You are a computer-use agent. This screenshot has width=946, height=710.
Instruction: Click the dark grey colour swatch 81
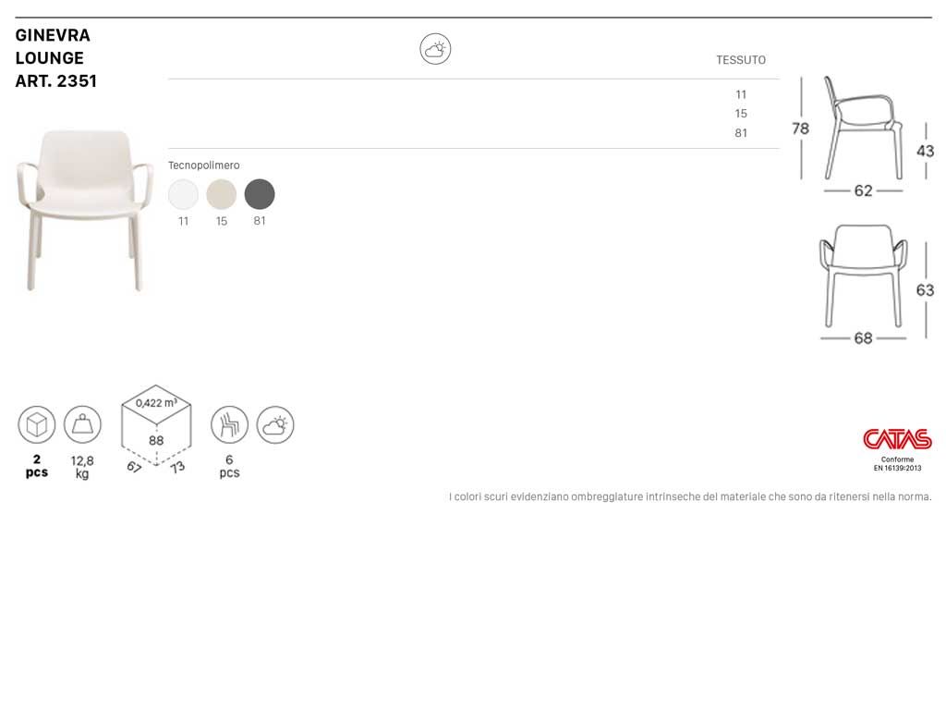tap(260, 194)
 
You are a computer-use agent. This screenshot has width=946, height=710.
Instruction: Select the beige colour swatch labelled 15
tap(222, 194)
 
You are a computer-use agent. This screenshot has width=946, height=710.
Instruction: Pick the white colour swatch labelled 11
tap(184, 194)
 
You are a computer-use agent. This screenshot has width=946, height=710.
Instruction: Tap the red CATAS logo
tap(897, 439)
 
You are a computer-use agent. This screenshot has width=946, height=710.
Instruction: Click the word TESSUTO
tap(741, 60)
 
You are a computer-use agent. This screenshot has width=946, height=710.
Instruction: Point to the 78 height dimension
tap(801, 129)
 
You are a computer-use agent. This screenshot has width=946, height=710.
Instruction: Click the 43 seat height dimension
tap(925, 151)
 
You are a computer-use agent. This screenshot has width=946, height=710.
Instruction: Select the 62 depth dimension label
tap(864, 190)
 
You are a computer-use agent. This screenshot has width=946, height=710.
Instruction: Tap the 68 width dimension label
tap(864, 338)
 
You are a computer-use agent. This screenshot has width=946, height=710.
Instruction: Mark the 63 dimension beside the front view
tap(925, 290)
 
